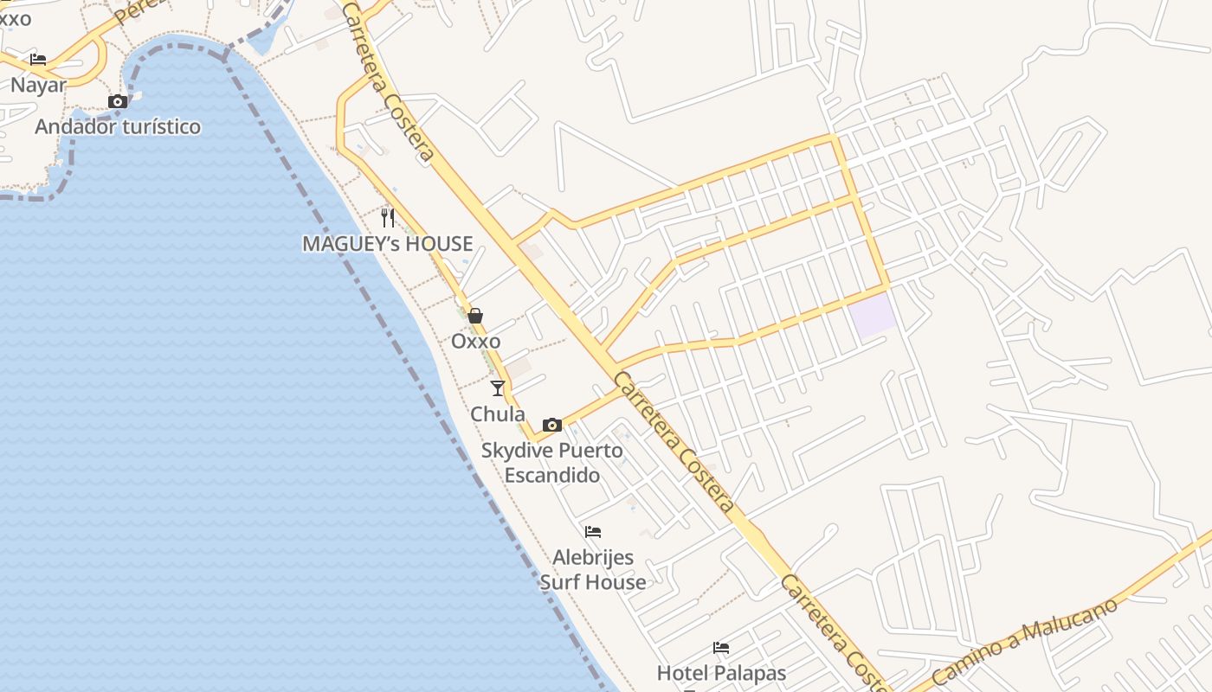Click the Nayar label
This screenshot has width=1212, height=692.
[38, 85]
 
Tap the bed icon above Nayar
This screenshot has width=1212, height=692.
[38, 60]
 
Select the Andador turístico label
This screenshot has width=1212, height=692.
[118, 127]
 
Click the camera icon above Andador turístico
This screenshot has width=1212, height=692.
[118, 101]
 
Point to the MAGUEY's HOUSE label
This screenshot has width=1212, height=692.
[387, 244]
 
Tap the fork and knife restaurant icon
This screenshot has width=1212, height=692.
[388, 217]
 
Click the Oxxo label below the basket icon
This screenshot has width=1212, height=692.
[475, 341]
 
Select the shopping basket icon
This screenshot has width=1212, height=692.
[475, 316]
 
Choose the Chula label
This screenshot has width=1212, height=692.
[497, 414]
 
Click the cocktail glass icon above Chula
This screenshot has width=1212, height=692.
[497, 388]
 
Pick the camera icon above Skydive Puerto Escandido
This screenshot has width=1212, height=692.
[551, 425]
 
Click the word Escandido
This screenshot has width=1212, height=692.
[551, 475]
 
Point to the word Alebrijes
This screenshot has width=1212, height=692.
[593, 557]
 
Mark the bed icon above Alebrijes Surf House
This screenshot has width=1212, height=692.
[593, 531]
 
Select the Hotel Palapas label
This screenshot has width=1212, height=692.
[721, 673]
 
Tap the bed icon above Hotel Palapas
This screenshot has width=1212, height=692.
[721, 647]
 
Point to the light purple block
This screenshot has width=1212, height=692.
[872, 315]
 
